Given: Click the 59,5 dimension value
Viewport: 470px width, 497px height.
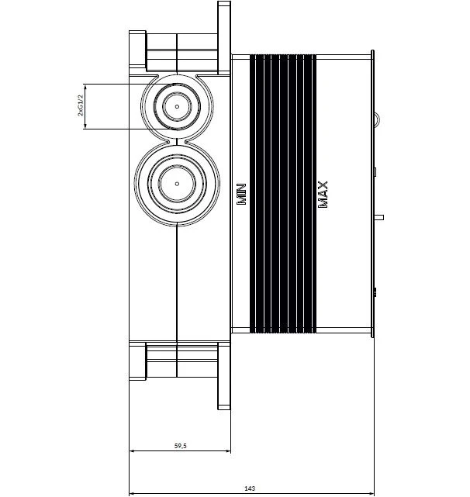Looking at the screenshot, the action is pos(181,446).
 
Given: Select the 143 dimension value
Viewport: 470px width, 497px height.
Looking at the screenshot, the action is pos(250,488).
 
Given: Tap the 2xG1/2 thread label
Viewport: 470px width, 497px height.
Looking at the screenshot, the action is pos(81,106).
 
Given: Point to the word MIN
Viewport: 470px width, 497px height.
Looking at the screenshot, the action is pos(242,194).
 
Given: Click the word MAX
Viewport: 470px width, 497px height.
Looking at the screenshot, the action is pos(323,195).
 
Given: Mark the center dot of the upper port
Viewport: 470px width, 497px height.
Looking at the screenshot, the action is pos(177,106).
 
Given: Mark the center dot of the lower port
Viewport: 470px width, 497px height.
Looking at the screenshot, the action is pos(177,184).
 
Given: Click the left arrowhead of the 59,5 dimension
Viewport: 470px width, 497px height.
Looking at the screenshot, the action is pos(132,450).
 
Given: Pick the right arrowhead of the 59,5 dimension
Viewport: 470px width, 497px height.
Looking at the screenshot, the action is pos(228,450).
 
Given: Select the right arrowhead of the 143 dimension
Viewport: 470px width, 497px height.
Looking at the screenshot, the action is pos(372,494).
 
